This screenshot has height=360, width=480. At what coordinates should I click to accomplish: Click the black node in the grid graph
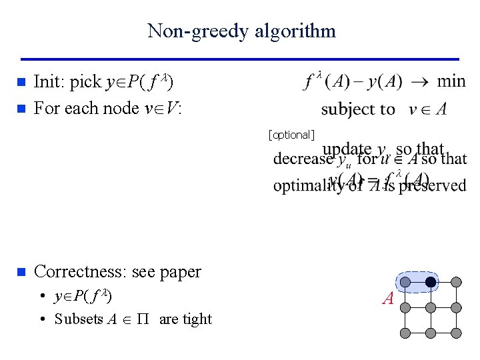[431, 283]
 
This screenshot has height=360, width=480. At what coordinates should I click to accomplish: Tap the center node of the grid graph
[431, 307]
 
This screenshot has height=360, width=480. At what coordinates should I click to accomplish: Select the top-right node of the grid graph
[456, 283]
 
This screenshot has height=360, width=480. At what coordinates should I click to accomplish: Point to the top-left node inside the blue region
[405, 283]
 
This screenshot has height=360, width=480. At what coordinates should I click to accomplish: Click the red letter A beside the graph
[388, 299]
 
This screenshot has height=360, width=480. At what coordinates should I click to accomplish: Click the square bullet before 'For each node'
[21, 108]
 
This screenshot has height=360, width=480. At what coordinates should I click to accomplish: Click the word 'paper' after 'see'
[180, 273]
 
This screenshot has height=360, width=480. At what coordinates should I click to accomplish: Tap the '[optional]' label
[291, 135]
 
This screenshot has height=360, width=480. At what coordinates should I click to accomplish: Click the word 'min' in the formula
[451, 81]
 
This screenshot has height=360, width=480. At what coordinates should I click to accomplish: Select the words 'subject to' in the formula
[358, 109]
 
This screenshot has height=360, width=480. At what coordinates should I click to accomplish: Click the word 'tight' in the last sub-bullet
[196, 319]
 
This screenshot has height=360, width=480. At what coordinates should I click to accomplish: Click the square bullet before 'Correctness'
[21, 272]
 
